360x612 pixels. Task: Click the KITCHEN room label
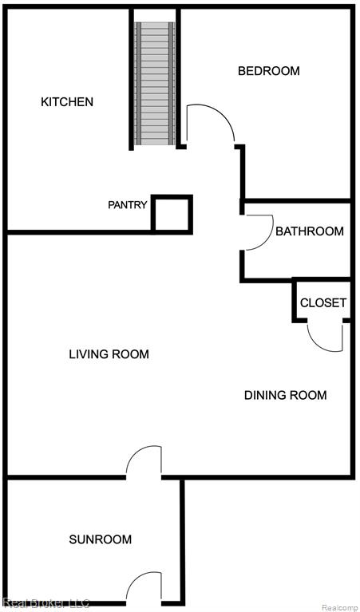click(x=67, y=102)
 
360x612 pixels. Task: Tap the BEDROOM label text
click(x=269, y=71)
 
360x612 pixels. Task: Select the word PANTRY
click(x=128, y=205)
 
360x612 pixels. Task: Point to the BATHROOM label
click(x=310, y=231)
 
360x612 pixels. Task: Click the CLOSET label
click(x=322, y=303)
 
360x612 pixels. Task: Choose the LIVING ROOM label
click(x=109, y=354)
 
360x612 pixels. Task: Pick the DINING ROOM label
click(x=286, y=395)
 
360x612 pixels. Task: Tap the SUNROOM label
click(x=101, y=539)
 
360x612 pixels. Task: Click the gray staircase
click(x=155, y=83)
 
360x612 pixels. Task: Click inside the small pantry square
click(x=172, y=215)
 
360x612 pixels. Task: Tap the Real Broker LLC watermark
click(x=45, y=603)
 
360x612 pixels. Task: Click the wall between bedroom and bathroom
click(x=297, y=200)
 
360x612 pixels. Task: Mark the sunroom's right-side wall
click(x=182, y=542)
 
